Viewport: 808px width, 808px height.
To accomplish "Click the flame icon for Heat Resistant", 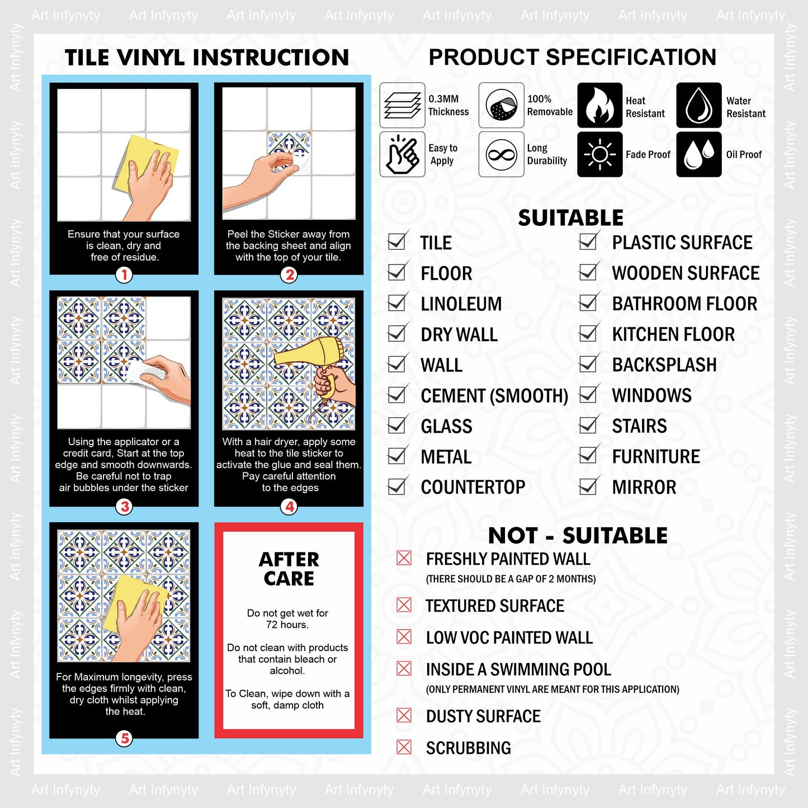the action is tap(599, 105).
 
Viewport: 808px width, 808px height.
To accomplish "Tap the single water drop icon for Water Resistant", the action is tap(698, 105).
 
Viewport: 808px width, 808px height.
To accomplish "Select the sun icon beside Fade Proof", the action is tap(599, 154).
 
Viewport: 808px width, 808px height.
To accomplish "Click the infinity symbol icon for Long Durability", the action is tap(501, 154).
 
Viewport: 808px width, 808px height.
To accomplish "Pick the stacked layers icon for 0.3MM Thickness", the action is tap(402, 105).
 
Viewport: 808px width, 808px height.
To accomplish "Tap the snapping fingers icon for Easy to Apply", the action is tap(402, 154).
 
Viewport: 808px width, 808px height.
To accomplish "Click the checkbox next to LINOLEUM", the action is tap(397, 302).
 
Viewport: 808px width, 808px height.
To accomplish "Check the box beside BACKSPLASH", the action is tap(588, 363).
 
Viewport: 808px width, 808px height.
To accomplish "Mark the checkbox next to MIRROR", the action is tap(588, 485).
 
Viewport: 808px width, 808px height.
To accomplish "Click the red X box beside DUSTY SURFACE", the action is tap(404, 715).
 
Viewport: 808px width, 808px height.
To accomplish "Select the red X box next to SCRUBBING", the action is tap(404, 747).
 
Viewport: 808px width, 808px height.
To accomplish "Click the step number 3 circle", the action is tap(125, 507).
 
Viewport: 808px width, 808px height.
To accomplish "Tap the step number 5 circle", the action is tap(125, 739).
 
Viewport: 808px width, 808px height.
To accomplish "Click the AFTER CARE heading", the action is tap(289, 569).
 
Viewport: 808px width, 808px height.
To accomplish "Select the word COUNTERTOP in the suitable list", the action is tap(473, 487).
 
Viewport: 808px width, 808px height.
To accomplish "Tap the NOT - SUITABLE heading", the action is tap(578, 536).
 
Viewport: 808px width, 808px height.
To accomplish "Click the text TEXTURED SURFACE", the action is tap(495, 606).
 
